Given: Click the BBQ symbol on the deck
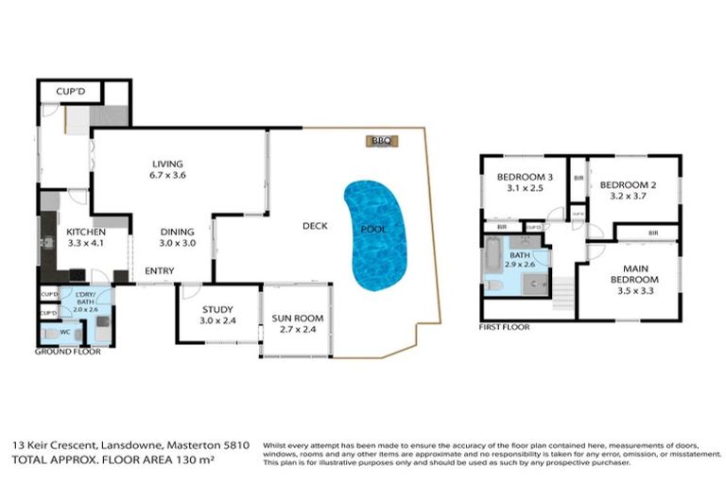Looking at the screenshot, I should click(381, 141).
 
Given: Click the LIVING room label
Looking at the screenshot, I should click(166, 164).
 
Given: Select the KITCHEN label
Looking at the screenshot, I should click(85, 232).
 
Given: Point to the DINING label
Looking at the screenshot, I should click(177, 232).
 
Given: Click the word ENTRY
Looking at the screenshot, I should click(158, 272).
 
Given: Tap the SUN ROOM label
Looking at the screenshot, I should click(294, 320).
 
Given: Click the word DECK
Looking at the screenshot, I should click(315, 226).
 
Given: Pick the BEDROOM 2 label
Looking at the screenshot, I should click(627, 184).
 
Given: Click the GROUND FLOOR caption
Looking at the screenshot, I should click(68, 351).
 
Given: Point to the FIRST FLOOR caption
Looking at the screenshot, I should click(505, 326).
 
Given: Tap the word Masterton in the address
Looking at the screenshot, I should click(194, 444).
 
